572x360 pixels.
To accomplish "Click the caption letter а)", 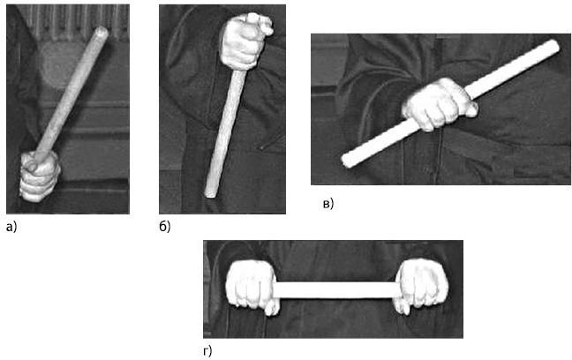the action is point(11,228).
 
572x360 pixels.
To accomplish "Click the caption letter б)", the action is point(164,227).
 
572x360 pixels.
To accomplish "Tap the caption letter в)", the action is point(328,204).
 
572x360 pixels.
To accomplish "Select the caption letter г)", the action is point(207,351).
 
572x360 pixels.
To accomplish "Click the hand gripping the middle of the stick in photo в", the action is point(439,105).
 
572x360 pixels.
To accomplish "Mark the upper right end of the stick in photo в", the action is point(553,46).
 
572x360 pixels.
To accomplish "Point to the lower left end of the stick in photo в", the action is point(347,161).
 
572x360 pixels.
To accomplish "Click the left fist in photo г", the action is point(252,284).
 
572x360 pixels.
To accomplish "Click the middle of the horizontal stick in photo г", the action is point(336,290).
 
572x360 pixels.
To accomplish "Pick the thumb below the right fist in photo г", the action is point(403,306).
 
